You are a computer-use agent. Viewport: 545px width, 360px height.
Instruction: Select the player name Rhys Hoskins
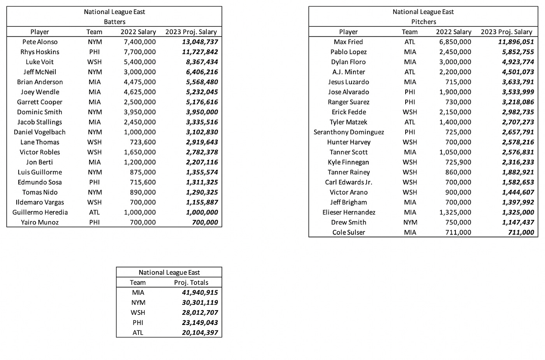40,52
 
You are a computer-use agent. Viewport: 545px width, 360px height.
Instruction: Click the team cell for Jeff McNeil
95,72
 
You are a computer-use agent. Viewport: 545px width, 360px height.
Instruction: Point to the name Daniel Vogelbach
40,132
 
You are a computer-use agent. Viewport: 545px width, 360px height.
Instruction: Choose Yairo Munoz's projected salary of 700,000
205,223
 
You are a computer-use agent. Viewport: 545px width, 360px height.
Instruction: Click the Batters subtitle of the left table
114,22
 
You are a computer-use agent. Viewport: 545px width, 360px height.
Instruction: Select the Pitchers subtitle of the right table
424,22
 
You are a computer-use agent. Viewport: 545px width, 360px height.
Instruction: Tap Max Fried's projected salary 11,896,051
516,42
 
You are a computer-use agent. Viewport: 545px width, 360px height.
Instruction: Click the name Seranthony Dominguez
349,132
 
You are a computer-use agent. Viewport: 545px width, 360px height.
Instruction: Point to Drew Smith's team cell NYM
410,223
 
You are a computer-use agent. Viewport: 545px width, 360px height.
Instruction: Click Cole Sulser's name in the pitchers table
349,233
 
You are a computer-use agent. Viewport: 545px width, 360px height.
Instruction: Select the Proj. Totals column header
191,283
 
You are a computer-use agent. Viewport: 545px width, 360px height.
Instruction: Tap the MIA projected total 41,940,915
200,293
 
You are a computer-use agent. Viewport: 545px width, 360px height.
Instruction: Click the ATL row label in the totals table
138,333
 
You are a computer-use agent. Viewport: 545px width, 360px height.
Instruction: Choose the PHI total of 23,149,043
200,323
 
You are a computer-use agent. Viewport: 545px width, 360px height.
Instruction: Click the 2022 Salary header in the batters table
138,32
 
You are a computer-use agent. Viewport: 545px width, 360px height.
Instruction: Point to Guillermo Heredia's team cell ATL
95,212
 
